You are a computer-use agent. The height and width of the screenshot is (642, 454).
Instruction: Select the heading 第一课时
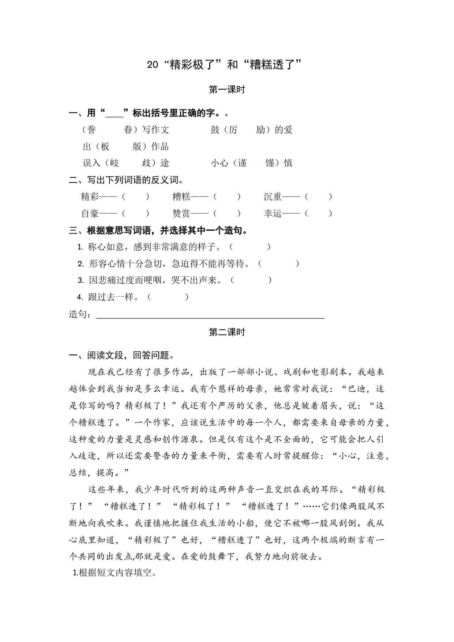coord(227,90)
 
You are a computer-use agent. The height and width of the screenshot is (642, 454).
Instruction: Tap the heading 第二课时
coord(227,332)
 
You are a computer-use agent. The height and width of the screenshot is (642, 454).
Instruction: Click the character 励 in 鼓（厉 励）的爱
coord(260,130)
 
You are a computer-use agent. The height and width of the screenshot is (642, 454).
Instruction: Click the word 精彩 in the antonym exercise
coord(90,197)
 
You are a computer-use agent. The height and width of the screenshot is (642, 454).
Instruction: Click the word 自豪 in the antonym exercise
coord(90,213)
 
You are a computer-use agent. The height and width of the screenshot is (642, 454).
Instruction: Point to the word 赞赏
coord(181,213)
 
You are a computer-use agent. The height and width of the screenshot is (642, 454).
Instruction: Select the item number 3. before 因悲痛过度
coord(81,280)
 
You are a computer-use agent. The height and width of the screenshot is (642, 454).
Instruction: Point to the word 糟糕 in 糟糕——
coord(181,197)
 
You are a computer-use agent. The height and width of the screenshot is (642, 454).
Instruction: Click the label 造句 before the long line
coord(78,314)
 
